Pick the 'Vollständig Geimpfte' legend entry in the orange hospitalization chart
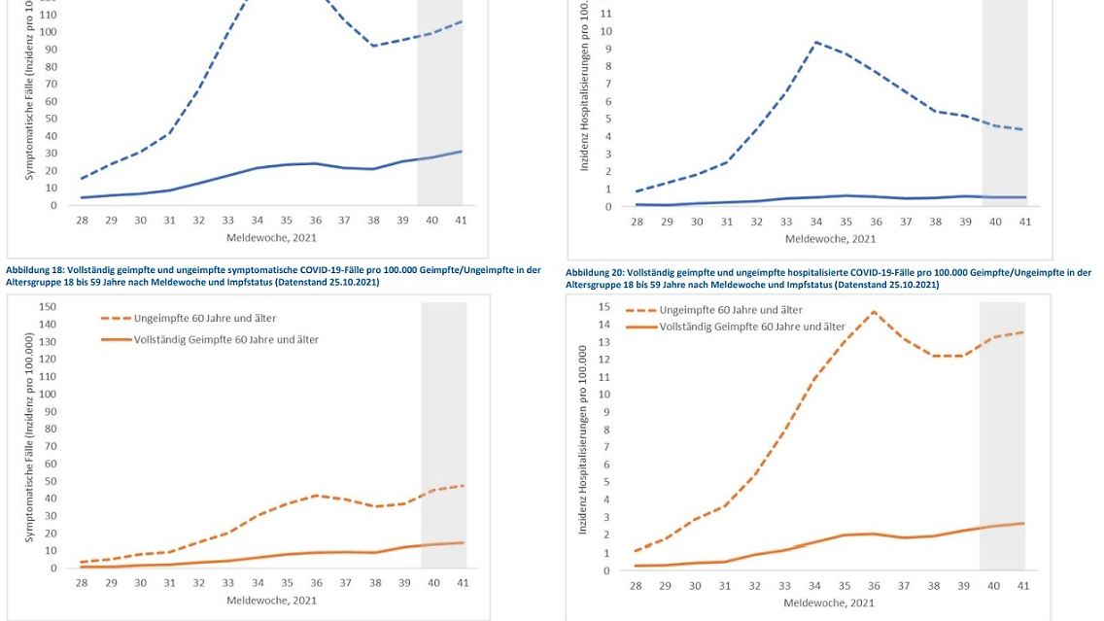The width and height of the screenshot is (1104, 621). pos(752,327)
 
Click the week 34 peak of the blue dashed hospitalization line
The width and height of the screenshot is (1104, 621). pos(816,42)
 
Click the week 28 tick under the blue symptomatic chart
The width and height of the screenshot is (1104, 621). pos(83,221)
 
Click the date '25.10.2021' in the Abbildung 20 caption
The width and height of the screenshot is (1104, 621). pos(910,285)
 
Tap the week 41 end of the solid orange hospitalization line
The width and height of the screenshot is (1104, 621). pos(1023,524)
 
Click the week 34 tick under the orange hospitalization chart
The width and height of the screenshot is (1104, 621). pos(814,586)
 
